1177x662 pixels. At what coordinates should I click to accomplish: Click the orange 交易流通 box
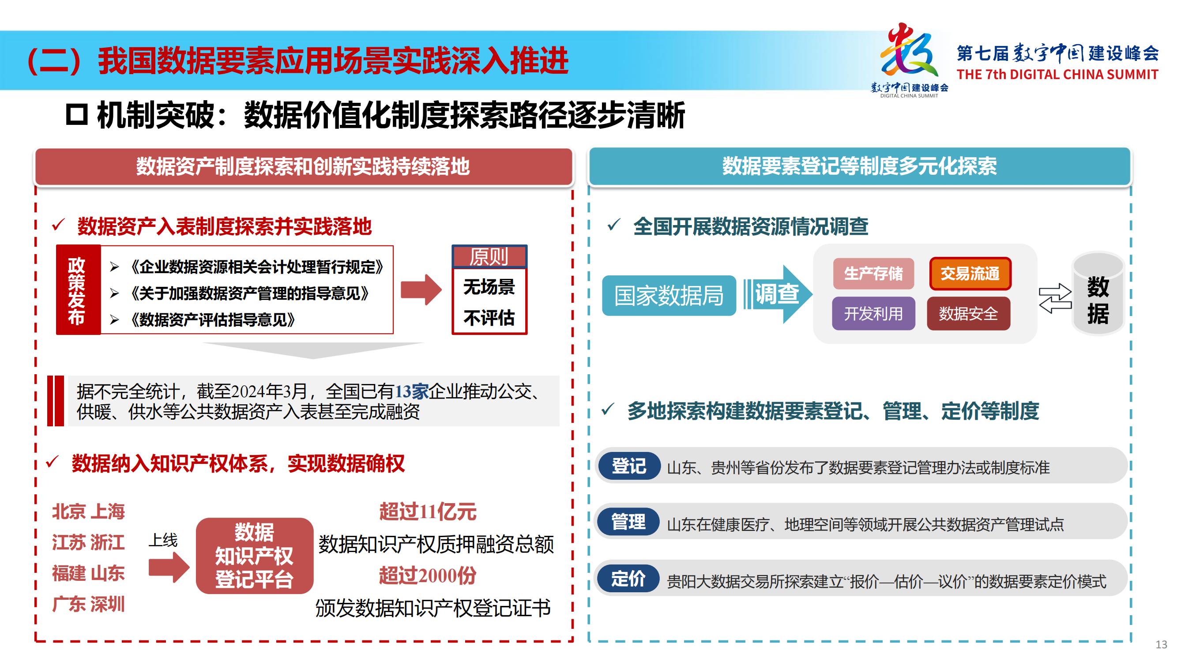click(x=970, y=274)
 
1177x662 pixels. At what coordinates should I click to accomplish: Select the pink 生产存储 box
click(x=873, y=274)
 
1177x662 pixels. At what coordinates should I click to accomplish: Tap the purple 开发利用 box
click(x=873, y=313)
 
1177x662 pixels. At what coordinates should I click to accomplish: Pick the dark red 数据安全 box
click(x=968, y=313)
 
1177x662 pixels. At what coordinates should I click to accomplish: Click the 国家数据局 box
click(x=669, y=296)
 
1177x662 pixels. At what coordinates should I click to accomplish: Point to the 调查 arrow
click(x=778, y=294)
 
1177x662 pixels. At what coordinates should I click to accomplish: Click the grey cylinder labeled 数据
click(x=1098, y=294)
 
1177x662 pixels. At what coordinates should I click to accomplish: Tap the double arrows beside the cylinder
click(x=1055, y=298)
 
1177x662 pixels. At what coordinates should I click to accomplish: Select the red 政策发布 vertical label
click(x=78, y=290)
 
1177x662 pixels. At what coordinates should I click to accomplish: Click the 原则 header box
click(x=489, y=256)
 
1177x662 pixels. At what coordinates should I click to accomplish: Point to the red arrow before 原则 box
click(x=421, y=290)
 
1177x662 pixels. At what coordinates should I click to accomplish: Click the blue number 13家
click(x=412, y=391)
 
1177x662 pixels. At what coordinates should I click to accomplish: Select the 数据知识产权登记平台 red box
click(x=255, y=556)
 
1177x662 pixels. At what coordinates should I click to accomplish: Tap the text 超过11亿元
click(x=428, y=511)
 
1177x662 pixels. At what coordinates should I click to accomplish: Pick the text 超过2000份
click(x=428, y=575)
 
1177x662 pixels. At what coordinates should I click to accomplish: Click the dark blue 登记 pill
click(x=629, y=466)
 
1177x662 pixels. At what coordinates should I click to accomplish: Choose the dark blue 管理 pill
click(x=629, y=522)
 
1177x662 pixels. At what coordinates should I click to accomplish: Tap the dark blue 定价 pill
click(x=629, y=579)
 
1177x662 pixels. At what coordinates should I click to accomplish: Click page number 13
click(x=1161, y=645)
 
